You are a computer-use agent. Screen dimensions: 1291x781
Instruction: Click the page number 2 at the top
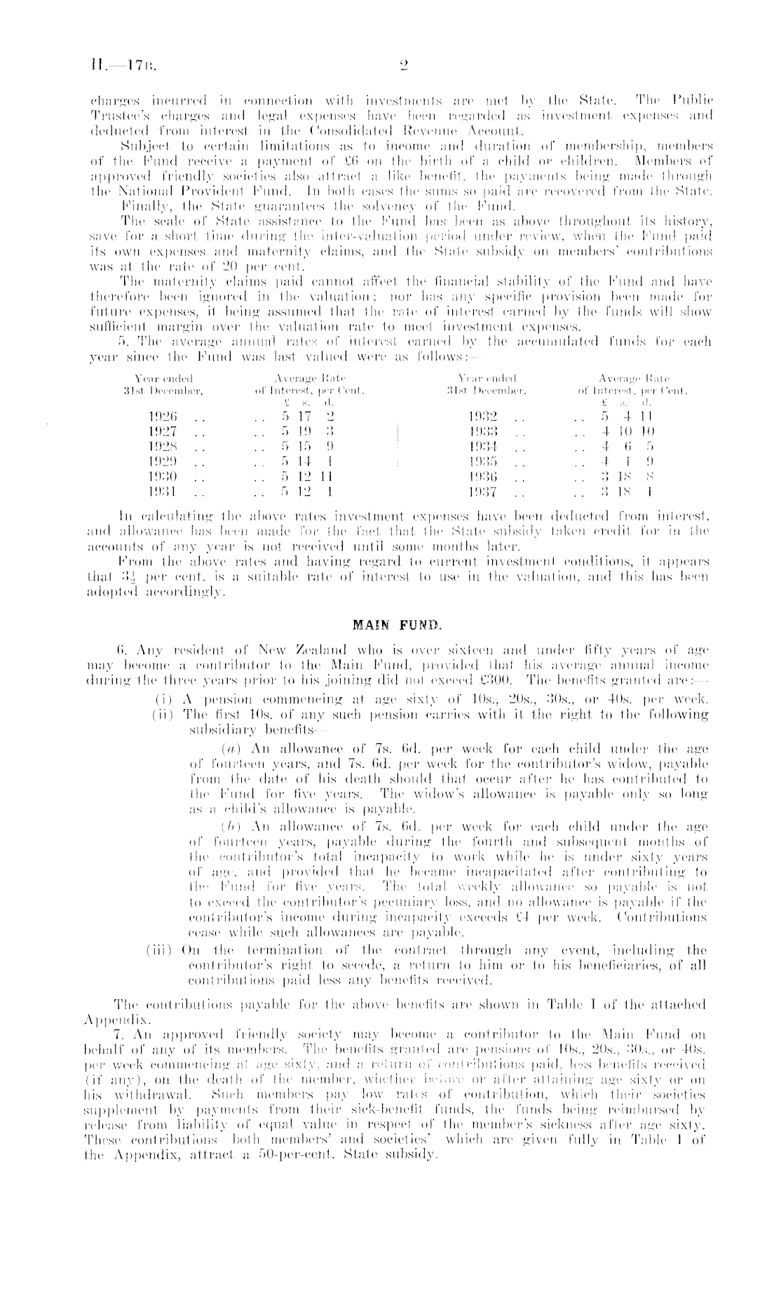pyautogui.click(x=403, y=67)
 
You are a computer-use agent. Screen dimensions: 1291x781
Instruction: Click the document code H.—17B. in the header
pyautogui.click(x=121, y=67)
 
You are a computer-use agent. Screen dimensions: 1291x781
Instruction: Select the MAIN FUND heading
pyautogui.click(x=390, y=620)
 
